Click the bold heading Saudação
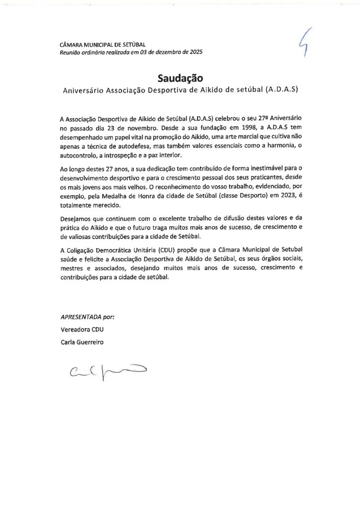click(x=180, y=78)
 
